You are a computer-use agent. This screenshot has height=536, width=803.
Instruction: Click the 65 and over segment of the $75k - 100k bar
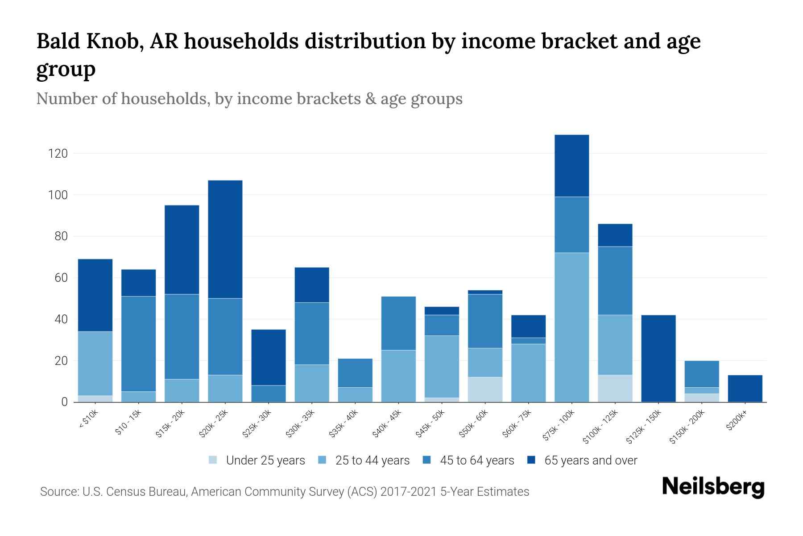click(571, 166)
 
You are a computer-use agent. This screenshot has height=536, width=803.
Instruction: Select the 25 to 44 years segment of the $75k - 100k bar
click(571, 327)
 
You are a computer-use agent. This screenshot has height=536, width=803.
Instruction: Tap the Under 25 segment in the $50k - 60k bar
click(485, 389)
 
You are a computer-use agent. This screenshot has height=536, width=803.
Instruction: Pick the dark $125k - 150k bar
click(658, 359)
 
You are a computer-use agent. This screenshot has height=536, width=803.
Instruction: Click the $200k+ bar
click(745, 389)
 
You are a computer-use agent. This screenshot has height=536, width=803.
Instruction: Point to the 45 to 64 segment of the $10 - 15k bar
click(138, 344)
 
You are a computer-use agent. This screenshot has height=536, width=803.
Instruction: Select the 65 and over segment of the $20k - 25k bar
click(225, 239)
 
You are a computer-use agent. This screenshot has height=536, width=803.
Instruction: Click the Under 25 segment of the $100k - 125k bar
click(615, 388)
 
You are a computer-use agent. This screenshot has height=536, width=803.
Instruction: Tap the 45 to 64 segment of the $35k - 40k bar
click(355, 373)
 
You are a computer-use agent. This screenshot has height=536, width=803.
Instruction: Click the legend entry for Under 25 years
click(265, 461)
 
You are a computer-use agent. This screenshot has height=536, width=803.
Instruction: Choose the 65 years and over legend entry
click(590, 461)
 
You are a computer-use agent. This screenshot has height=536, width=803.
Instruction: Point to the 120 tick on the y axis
click(58, 154)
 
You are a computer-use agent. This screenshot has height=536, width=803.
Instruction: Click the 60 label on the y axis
click(61, 278)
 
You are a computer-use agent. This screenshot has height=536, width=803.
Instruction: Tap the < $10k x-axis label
click(88, 419)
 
